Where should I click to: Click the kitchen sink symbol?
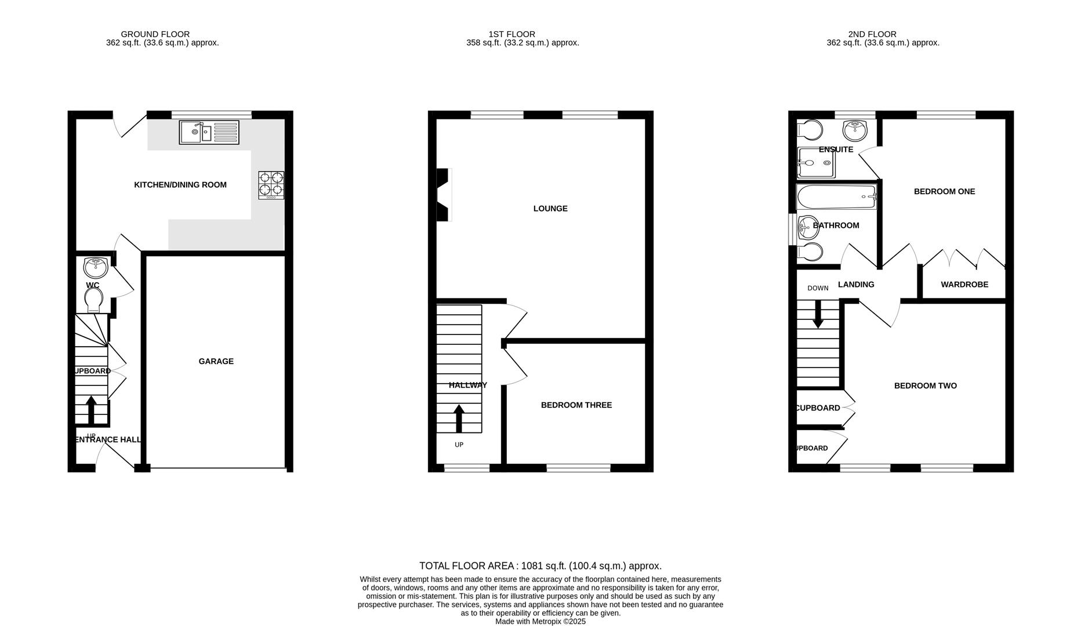(x=209, y=132)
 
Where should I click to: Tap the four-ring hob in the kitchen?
(x=271, y=184)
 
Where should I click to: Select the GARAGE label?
(x=216, y=361)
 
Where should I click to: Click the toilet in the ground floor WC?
(x=93, y=300)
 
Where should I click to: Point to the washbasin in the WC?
(x=96, y=267)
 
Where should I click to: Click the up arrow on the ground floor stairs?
(x=91, y=409)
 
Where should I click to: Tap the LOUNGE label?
(x=550, y=209)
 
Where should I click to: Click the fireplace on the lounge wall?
(x=443, y=194)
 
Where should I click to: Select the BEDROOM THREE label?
(x=576, y=405)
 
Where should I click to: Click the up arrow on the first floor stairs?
(x=459, y=418)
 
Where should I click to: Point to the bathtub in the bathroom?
(x=836, y=198)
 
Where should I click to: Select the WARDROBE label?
(x=964, y=285)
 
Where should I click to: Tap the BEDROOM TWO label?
(x=925, y=386)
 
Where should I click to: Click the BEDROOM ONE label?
(x=944, y=191)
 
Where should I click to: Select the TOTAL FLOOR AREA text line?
(x=540, y=566)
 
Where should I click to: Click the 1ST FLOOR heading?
(x=512, y=34)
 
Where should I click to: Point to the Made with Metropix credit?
(x=540, y=621)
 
